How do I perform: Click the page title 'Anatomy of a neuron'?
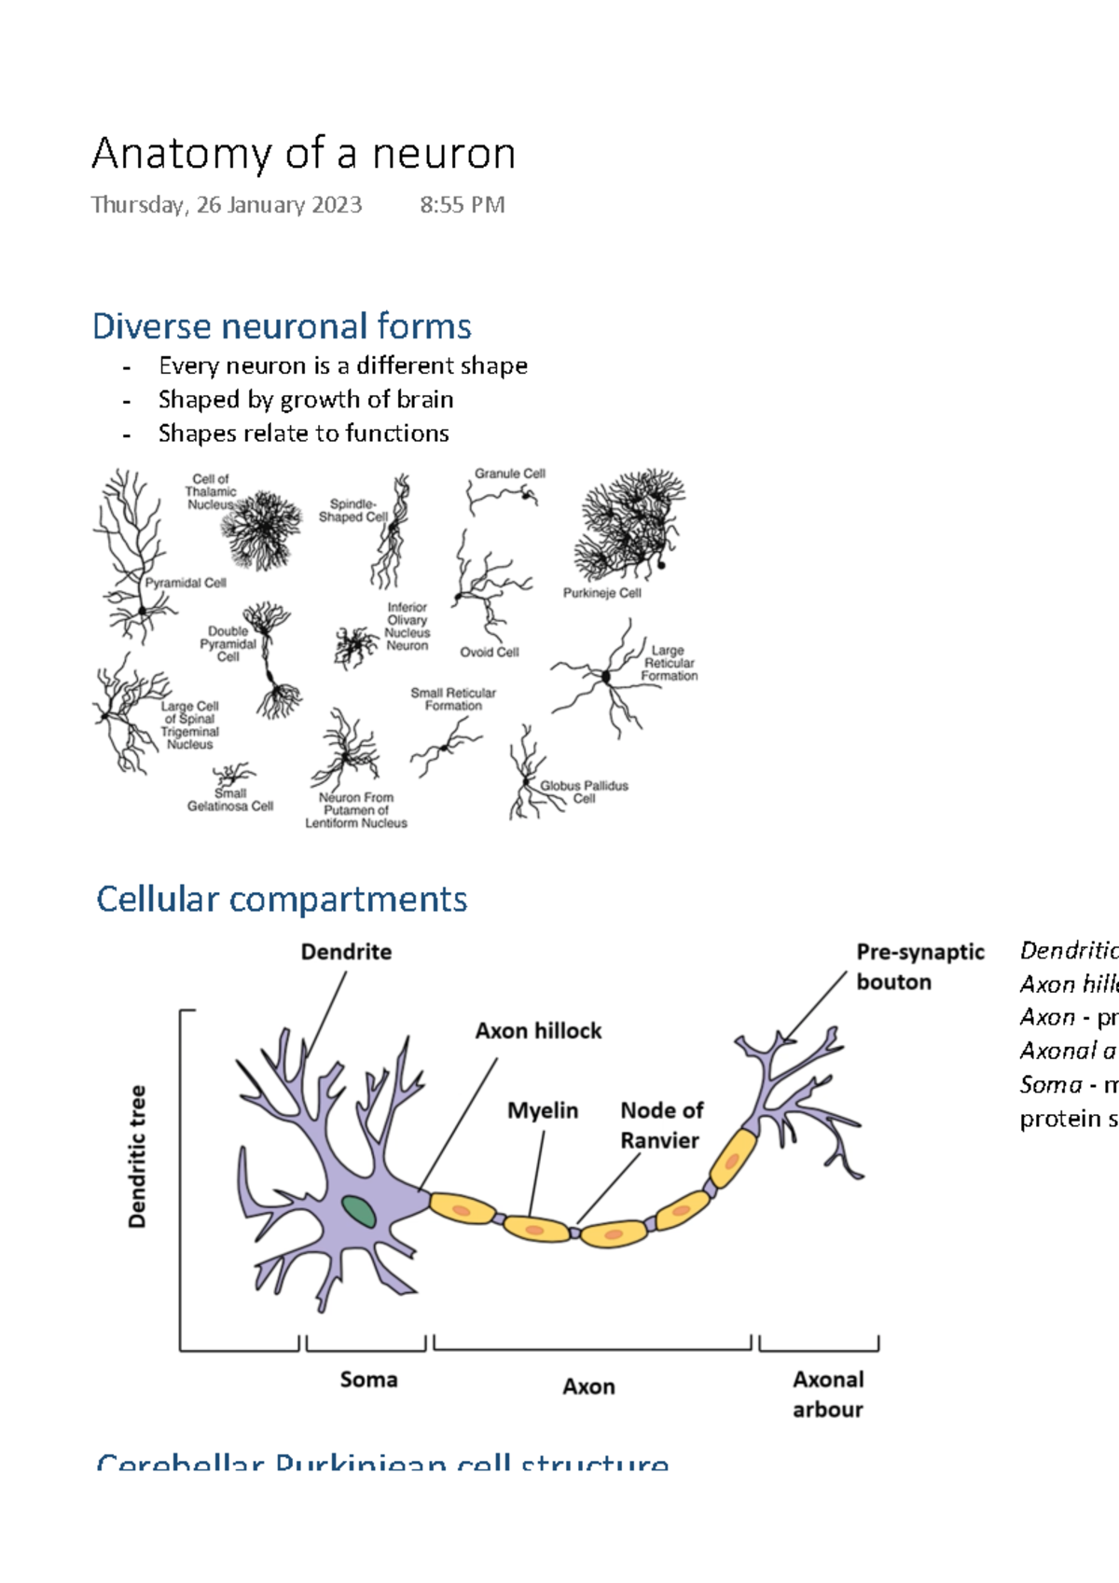click(x=303, y=154)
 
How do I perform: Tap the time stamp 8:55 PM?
click(x=462, y=205)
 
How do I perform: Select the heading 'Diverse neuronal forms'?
click(x=282, y=326)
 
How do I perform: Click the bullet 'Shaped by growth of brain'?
click(x=306, y=399)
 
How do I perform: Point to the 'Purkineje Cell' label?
click(x=601, y=593)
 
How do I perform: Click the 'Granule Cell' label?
click(x=509, y=474)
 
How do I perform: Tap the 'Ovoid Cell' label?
click(x=489, y=653)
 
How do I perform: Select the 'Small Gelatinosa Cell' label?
click(x=229, y=801)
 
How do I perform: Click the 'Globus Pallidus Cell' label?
click(x=584, y=791)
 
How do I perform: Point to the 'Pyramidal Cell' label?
click(x=186, y=583)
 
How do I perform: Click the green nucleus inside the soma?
click(x=359, y=1212)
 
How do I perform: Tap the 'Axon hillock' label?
click(x=538, y=1031)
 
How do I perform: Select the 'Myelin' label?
click(x=543, y=1110)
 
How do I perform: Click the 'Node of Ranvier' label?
click(x=661, y=1125)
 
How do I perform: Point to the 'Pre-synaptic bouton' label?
click(x=919, y=967)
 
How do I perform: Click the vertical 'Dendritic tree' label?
click(x=138, y=1156)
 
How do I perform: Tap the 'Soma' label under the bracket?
click(x=368, y=1380)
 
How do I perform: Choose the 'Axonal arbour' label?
click(x=828, y=1394)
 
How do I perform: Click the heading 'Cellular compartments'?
click(x=282, y=900)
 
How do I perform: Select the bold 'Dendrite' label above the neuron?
click(x=346, y=952)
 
